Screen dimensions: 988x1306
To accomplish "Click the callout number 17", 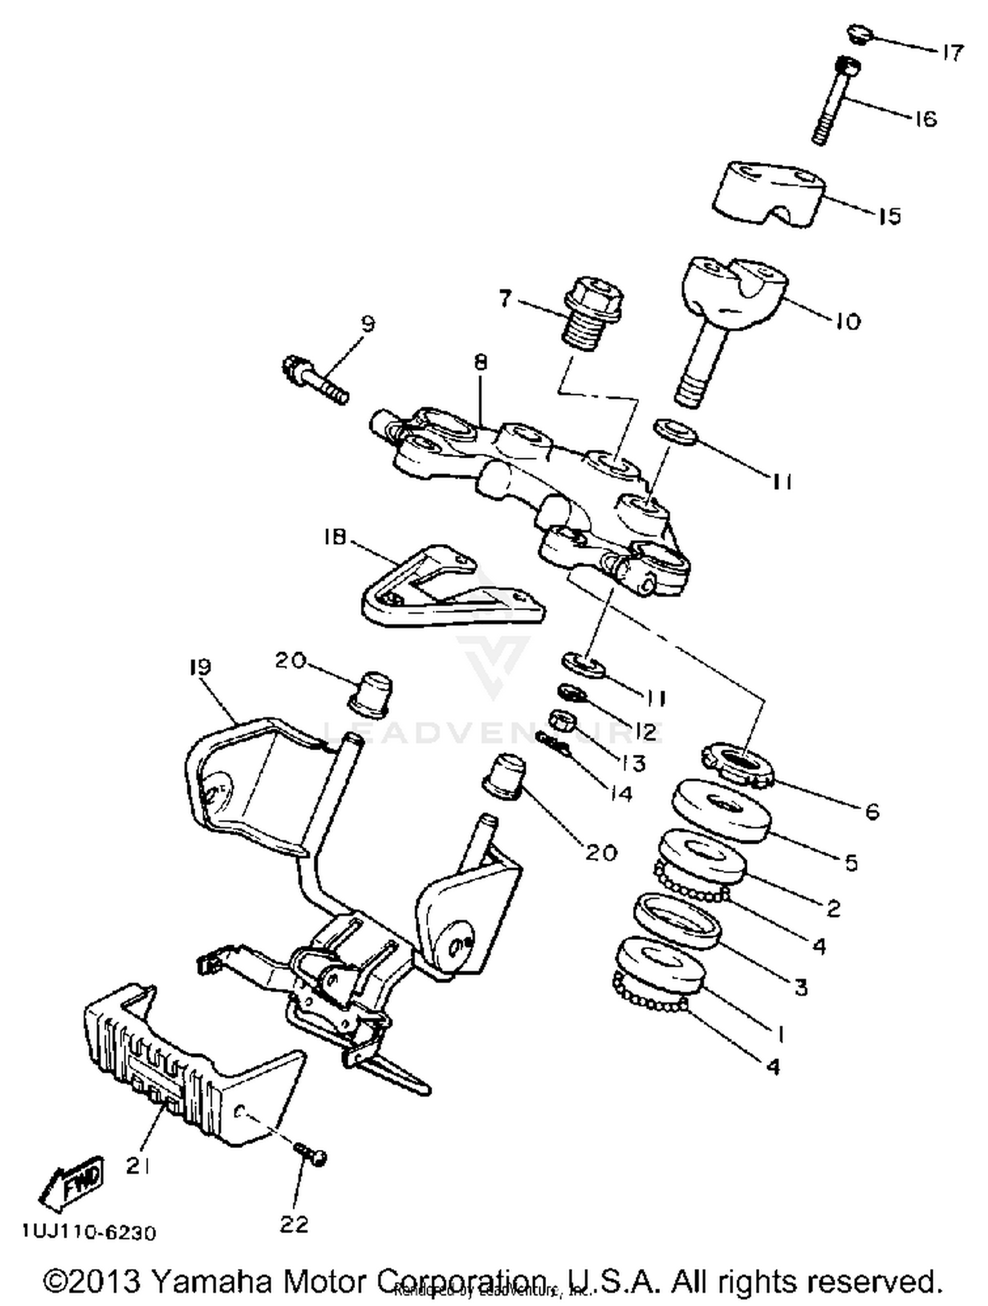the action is (x=952, y=52).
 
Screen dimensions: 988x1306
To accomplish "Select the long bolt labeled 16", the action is (x=832, y=102).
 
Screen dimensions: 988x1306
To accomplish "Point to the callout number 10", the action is (x=848, y=321).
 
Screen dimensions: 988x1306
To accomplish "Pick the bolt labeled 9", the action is (x=315, y=379).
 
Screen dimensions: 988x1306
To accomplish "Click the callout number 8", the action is (x=480, y=363).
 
